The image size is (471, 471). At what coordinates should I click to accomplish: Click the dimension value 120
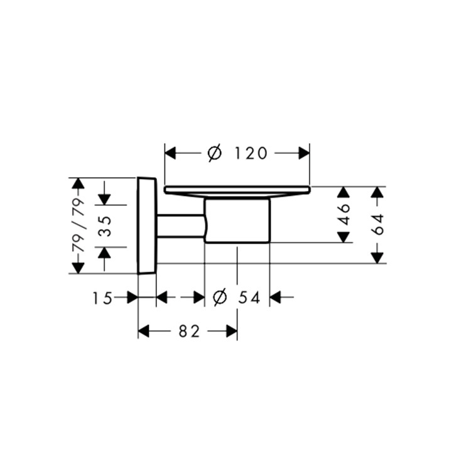251,153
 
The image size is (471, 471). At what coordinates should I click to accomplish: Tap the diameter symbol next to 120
215,153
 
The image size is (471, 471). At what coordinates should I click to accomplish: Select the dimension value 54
249,298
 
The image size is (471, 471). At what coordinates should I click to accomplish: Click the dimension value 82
189,332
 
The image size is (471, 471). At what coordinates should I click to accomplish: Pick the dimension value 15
102,298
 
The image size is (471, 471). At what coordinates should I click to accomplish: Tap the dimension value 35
105,226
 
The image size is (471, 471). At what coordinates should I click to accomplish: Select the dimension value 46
344,215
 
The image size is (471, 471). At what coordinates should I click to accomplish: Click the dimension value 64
377,224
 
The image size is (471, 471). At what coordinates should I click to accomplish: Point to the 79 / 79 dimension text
78,225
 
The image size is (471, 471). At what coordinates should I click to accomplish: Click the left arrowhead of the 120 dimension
170,153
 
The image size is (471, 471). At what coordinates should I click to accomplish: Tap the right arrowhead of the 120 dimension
304,153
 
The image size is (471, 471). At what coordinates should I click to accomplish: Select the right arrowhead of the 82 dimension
232,332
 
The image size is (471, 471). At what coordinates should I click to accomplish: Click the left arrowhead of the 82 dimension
144,332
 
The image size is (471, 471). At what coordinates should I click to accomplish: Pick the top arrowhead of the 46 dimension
344,192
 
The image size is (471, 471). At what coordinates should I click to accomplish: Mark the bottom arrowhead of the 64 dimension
377,258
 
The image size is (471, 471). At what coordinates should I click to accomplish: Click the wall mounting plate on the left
147,225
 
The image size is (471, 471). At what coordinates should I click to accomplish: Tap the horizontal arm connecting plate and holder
181,226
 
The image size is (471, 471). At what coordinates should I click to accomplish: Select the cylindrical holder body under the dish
237,220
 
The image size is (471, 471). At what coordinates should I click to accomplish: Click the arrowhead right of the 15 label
133,298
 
